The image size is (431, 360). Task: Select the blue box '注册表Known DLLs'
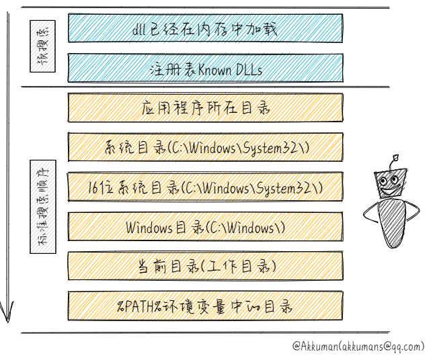[205, 69]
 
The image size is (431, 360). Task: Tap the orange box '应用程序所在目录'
[205, 107]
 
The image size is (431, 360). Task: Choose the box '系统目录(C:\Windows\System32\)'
[205, 147]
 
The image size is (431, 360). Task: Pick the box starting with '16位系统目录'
[205, 187]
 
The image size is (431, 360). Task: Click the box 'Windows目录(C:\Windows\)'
[205, 227]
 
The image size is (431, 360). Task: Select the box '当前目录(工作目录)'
[205, 267]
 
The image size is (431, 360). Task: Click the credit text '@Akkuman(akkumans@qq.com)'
[358, 347]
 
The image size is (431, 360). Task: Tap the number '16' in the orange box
[95, 187]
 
